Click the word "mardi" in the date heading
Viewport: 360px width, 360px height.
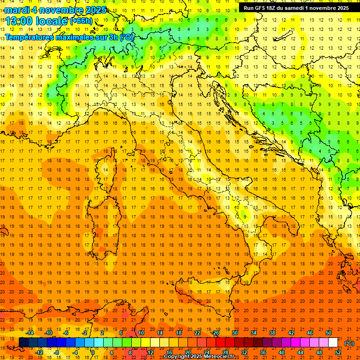[16, 10]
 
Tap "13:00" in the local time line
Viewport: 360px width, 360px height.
[18, 21]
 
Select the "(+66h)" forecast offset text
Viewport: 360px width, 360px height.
[81, 21]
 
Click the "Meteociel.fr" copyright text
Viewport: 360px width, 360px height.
[219, 357]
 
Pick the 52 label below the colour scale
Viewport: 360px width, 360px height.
[338, 352]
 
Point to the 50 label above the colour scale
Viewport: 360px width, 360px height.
[329, 333]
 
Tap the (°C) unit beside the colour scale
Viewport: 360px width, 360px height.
[349, 343]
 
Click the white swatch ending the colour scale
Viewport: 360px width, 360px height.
[333, 343]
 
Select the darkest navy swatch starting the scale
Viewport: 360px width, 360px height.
[23, 343]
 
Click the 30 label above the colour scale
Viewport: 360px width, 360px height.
[234, 333]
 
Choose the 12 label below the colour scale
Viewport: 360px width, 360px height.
[150, 352]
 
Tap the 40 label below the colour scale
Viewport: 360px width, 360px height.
[281, 352]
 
